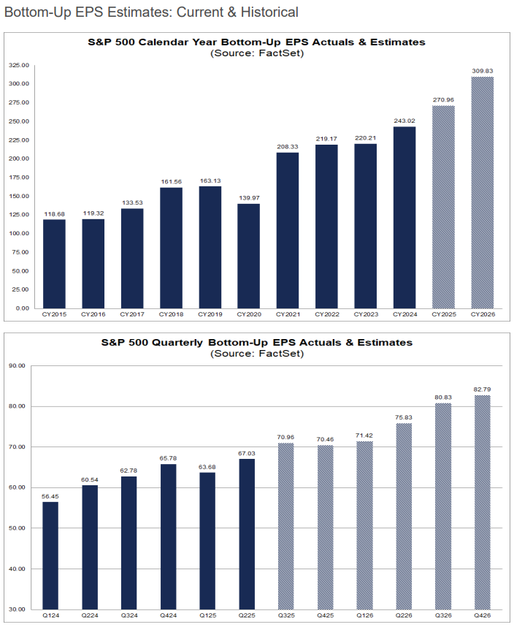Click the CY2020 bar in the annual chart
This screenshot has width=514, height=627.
pos(248,256)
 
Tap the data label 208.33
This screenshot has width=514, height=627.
pos(288,146)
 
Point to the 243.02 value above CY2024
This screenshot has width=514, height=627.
pos(404,121)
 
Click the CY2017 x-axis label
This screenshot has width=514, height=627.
pos(131,314)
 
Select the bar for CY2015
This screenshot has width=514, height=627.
pos(54,264)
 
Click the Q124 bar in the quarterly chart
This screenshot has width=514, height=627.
pos(50,555)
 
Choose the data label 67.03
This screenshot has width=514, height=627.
pos(246,452)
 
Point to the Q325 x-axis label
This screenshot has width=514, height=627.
pos(285,615)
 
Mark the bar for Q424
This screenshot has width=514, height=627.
pos(168,536)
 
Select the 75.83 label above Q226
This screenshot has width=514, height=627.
pos(404,417)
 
